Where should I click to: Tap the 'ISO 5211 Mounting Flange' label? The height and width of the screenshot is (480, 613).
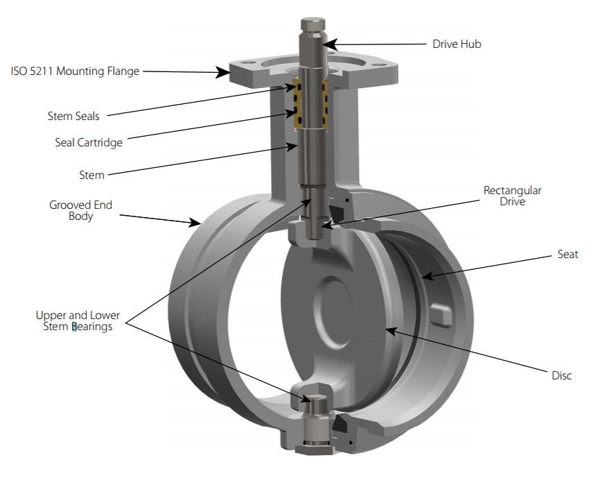tap(75, 71)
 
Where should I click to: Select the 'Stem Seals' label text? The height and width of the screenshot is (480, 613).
tap(73, 116)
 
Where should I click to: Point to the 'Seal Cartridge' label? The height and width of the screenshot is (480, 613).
tap(88, 143)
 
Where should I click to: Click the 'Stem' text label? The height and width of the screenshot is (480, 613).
tap(91, 175)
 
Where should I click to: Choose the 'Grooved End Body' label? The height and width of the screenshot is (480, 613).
tap(80, 211)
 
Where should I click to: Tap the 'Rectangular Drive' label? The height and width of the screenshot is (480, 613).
tap(513, 196)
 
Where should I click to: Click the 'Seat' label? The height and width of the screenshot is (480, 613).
tap(567, 255)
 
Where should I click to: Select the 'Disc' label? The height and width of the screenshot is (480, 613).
tap(562, 375)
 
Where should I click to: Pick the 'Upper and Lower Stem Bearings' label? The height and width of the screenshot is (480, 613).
tap(78, 320)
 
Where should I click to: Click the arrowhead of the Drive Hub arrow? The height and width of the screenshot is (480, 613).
tap(326, 44)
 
